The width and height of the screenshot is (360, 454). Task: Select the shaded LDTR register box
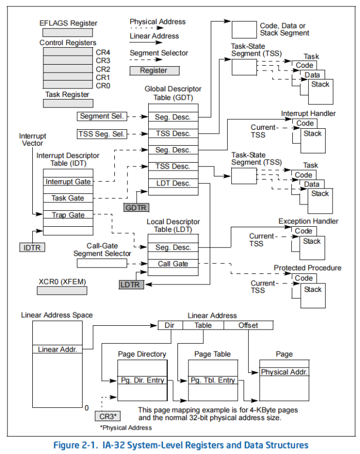point(130,285)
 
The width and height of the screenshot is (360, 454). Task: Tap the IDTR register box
point(32,247)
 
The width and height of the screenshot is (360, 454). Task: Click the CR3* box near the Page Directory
point(107,416)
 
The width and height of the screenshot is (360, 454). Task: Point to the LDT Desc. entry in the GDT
point(173,183)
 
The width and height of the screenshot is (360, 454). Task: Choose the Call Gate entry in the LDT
point(173,264)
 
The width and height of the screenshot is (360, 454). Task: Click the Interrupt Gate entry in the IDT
point(68,182)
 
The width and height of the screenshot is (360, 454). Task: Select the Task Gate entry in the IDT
point(68,198)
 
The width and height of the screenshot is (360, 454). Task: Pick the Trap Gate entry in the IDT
point(68,215)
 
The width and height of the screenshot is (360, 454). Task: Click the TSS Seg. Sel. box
point(102,134)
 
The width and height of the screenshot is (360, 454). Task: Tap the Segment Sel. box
point(102,116)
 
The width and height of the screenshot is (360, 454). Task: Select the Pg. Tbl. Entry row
point(213,380)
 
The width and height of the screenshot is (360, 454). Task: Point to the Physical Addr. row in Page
point(284,372)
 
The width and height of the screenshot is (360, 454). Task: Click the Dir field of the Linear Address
point(170,325)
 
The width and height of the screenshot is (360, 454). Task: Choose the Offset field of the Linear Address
point(248,325)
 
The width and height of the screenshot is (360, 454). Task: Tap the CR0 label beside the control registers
point(103,85)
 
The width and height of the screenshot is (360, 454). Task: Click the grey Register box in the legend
point(154,70)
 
